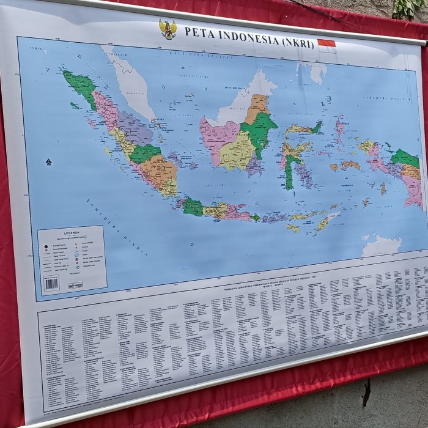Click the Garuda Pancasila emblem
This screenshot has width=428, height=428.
(168, 29)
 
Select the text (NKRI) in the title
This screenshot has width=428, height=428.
(297, 43)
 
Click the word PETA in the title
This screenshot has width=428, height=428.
(196, 31)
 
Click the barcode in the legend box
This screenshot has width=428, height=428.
(51, 283)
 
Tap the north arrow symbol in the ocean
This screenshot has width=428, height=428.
(48, 162)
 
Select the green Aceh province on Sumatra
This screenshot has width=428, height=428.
(80, 86)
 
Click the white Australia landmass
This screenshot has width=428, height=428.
(381, 246)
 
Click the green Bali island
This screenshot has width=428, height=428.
(255, 217)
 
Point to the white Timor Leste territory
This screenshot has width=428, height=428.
(333, 216)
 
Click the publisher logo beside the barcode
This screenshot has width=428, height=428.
(75, 286)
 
